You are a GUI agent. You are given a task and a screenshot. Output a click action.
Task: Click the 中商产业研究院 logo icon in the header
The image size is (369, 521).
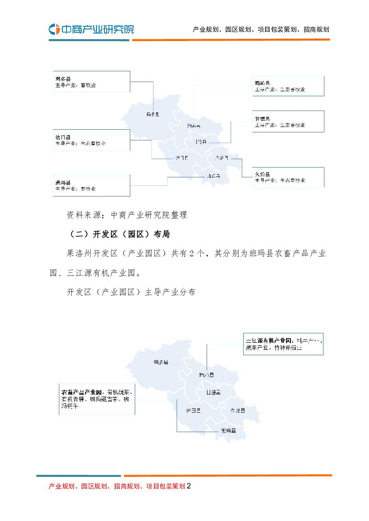coord(54,29)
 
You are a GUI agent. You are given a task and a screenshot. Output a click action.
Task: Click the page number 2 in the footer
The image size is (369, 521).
coord(189,486)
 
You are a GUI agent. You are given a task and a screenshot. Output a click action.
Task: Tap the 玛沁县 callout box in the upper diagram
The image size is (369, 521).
coord(288,86)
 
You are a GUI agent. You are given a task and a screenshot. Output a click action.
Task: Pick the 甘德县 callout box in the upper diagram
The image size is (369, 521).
coord(288,121)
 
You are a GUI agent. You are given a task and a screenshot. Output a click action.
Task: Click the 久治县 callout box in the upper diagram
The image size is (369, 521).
coord(288,177)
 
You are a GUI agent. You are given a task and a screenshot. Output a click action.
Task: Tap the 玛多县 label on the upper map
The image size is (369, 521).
coord(153,115)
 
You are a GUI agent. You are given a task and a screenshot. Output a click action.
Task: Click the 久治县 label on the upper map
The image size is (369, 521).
coord(221,158)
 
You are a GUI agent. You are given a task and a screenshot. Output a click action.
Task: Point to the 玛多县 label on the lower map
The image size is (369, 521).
coord(160,363)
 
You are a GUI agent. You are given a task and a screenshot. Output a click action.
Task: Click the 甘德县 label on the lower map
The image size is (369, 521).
coord(213,393)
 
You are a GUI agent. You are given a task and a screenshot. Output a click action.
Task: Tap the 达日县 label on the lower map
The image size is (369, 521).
coord(193,410)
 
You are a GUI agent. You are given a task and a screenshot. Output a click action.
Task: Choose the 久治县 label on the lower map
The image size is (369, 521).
coord(238,410)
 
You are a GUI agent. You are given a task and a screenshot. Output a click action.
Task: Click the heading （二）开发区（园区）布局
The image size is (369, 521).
coord(118,234)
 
